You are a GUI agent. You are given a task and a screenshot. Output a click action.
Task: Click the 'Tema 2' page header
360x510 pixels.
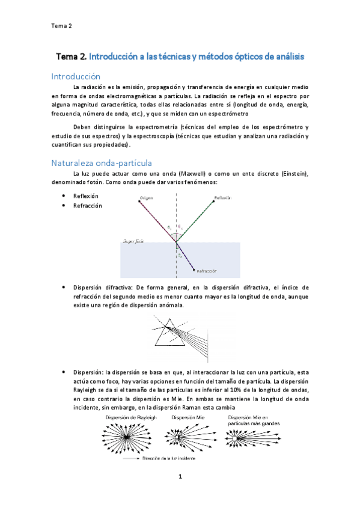[x=61, y=25]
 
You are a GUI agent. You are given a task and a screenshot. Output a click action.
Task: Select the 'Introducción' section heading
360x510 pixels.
[x=76, y=76]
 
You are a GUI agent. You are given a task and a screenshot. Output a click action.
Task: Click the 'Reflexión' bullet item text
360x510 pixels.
[x=85, y=196]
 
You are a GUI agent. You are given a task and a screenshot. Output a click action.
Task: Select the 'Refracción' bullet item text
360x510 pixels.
[x=87, y=206]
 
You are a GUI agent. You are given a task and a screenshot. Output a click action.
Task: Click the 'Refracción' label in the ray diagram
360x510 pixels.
[x=206, y=270]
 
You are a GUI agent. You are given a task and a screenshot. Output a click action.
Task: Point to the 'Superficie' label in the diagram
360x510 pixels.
[x=133, y=241]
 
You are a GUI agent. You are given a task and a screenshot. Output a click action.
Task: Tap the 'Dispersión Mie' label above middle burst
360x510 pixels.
[x=188, y=417]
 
